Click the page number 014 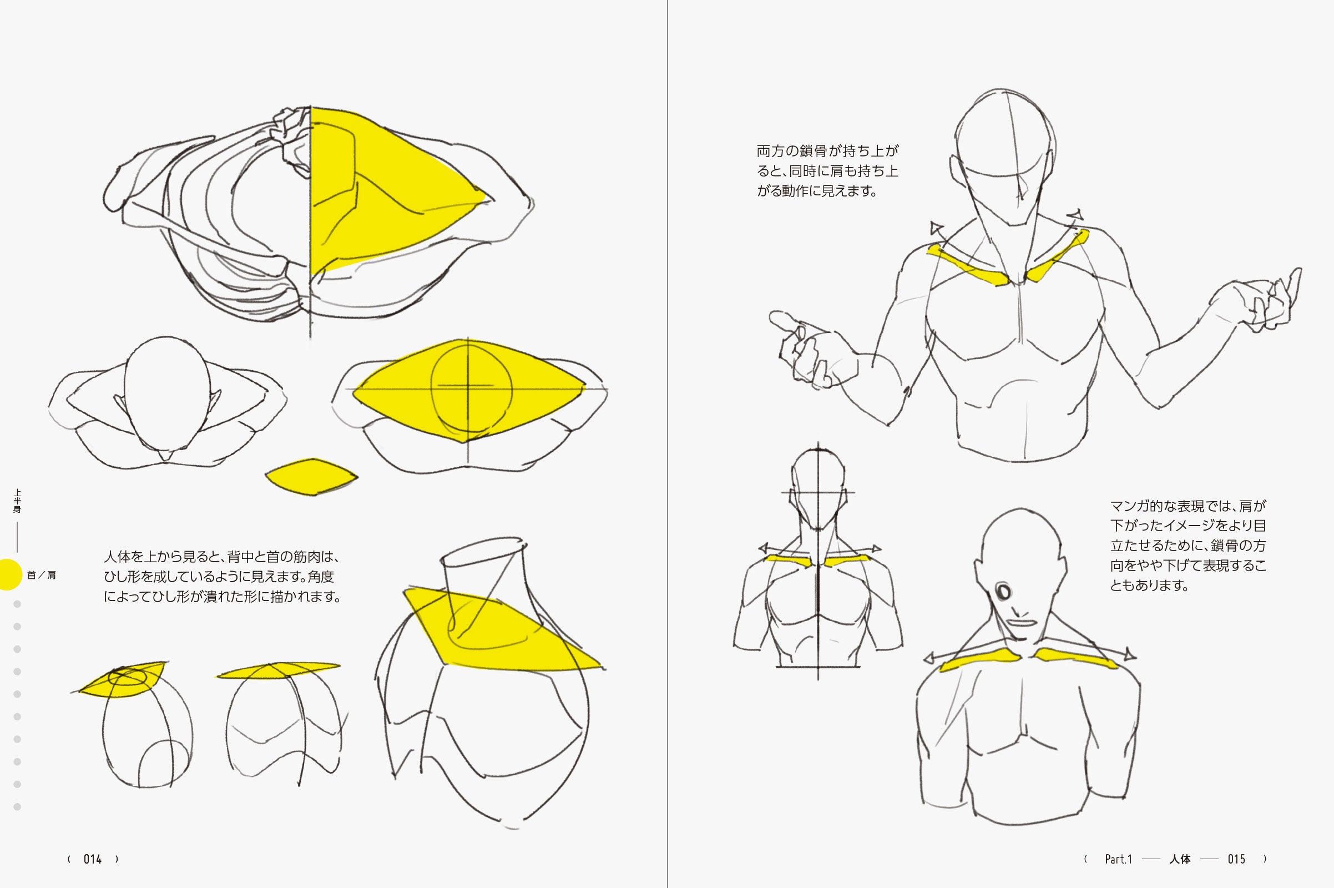pyautogui.click(x=92, y=859)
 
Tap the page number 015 pyautogui.click(x=1236, y=859)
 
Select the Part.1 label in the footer pyautogui.click(x=1118, y=859)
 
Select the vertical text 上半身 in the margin pyautogui.click(x=17, y=501)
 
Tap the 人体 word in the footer pyautogui.click(x=1180, y=859)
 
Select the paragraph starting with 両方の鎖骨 pyautogui.click(x=827, y=170)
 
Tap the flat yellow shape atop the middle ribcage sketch pyautogui.click(x=279, y=670)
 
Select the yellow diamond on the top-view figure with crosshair pyautogui.click(x=469, y=391)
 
